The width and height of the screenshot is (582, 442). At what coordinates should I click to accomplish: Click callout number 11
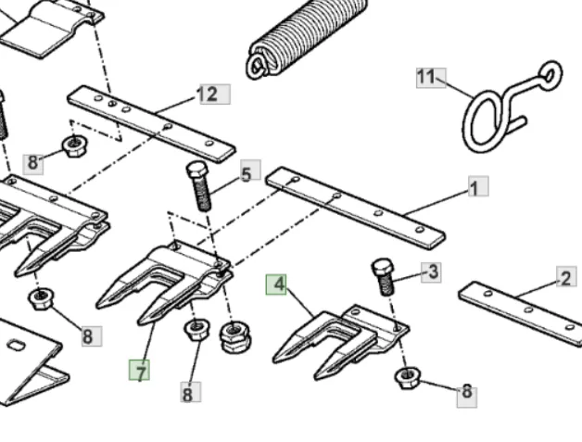[x=431, y=78]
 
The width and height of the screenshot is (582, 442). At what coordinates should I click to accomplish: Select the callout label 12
[x=215, y=95]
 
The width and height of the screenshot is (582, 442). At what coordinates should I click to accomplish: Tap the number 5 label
[x=250, y=170]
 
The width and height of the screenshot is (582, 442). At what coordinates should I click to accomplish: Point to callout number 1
[x=478, y=186]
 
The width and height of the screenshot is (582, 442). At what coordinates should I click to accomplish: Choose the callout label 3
[x=431, y=272]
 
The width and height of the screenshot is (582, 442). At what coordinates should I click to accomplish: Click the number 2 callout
[x=566, y=276]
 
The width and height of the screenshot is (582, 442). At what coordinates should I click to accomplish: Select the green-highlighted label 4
[x=276, y=284]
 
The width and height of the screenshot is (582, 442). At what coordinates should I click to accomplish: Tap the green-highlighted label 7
[x=139, y=370]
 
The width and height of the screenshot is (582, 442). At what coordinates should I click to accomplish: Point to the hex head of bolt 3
[x=383, y=268]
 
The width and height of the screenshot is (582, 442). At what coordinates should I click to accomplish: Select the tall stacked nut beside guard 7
[x=235, y=337]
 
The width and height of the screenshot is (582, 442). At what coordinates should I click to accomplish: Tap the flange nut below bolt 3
[x=408, y=378]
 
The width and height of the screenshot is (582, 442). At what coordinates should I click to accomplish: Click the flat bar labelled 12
[x=151, y=124]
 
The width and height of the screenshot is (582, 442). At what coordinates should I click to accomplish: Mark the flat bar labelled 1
[x=356, y=208]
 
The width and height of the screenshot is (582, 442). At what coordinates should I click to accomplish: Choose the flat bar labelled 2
[x=521, y=314]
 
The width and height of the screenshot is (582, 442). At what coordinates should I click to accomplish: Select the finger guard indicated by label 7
[x=164, y=283]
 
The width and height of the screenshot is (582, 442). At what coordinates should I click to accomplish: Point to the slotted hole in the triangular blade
[x=17, y=346]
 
